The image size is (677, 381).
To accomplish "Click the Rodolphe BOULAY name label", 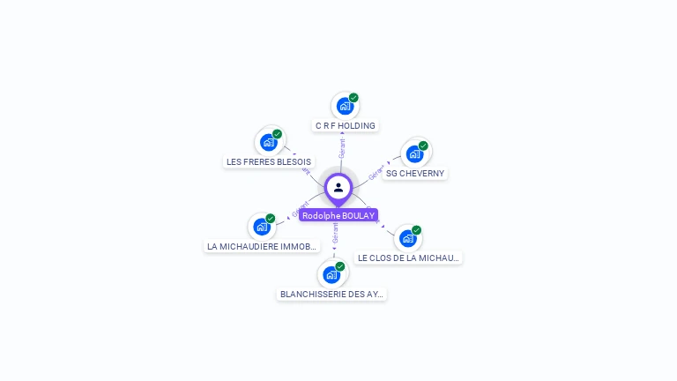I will [338, 215].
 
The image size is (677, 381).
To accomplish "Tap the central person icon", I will [338, 187].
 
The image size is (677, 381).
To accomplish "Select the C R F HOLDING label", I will [346, 126].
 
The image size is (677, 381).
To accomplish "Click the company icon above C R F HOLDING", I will [345, 106].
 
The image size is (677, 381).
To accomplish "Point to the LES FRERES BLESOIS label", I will [269, 162].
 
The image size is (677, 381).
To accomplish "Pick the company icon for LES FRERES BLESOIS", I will [268, 142].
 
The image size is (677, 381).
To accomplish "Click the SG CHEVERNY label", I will [415, 174].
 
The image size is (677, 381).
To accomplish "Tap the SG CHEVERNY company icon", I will [414, 153].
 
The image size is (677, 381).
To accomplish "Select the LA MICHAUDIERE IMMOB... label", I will [262, 247].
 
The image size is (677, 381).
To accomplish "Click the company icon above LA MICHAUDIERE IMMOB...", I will [262, 227].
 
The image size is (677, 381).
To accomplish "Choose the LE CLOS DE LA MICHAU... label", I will [408, 258].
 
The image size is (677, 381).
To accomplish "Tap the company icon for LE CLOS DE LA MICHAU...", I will [407, 238].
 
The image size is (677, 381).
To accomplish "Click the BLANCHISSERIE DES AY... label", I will [332, 295].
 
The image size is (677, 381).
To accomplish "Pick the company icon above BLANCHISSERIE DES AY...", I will [331, 274].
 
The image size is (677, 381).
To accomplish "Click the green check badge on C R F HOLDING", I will [353, 98].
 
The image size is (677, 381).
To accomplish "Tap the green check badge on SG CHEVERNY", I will [423, 146].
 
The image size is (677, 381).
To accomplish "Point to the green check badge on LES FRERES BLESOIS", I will [277, 134].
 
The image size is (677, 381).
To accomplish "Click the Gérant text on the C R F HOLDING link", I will [342, 148].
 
